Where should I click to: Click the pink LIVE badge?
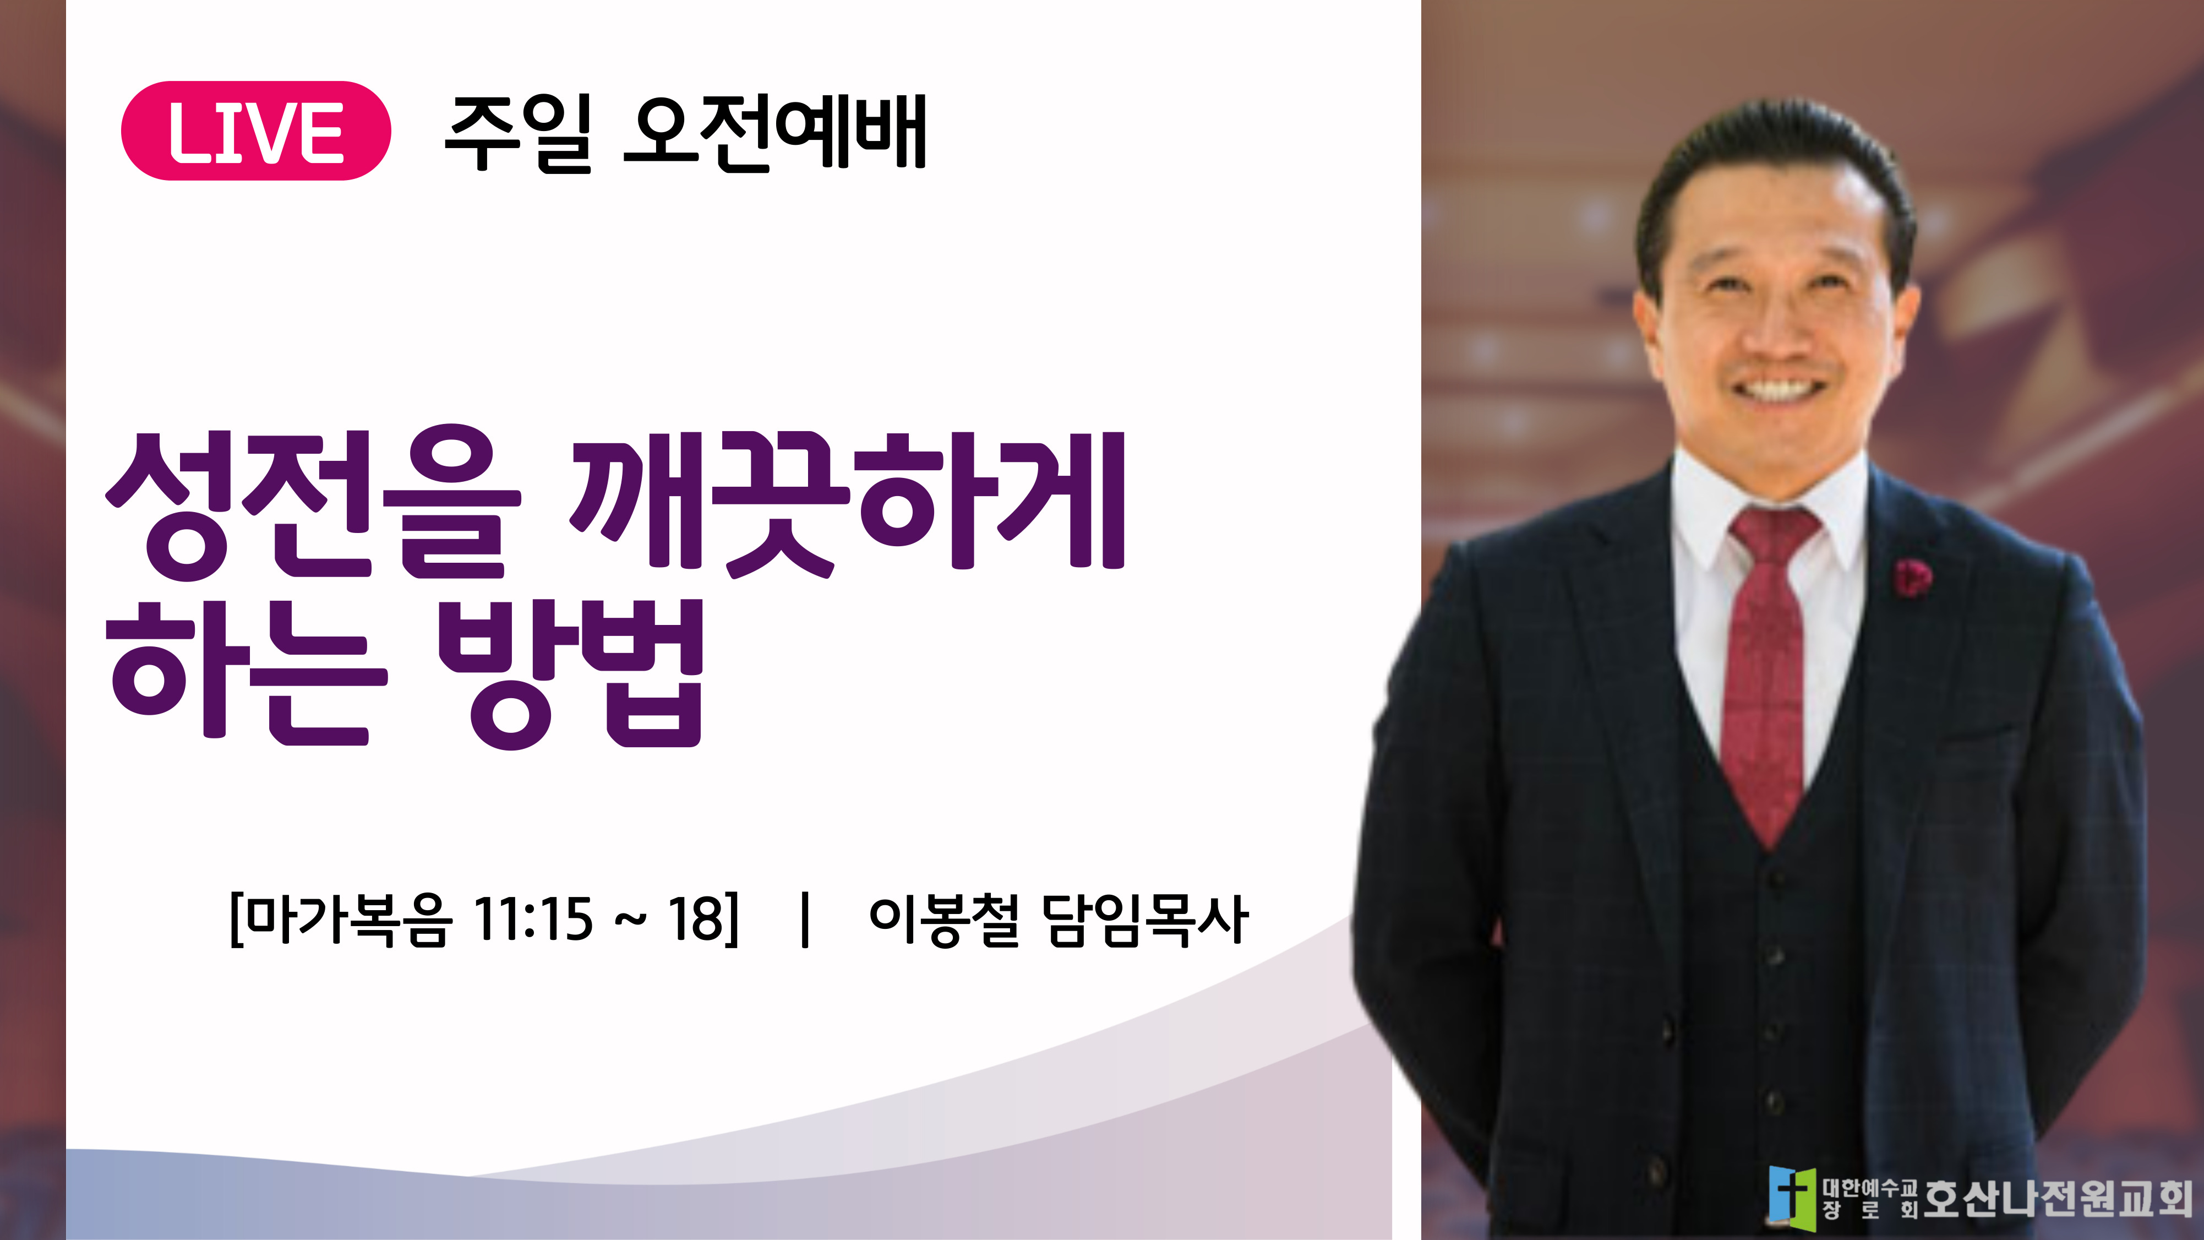pyautogui.click(x=256, y=131)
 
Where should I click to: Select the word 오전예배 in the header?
pyautogui.click(x=775, y=133)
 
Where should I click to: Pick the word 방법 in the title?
pyautogui.click(x=571, y=675)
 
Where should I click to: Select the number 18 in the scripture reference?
pyautogui.click(x=696, y=920)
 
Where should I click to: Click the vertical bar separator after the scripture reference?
pyautogui.click(x=804, y=920)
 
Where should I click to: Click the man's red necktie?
pyautogui.click(x=1767, y=667)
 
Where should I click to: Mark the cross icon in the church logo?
pyautogui.click(x=1792, y=1197)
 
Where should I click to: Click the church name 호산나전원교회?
pyautogui.click(x=2058, y=1198)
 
